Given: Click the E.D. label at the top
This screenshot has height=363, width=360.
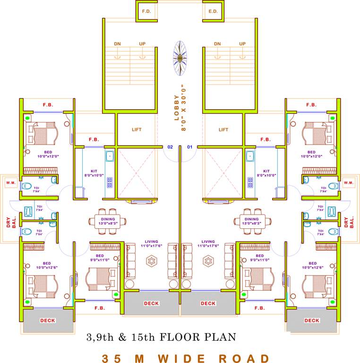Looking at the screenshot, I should click(213, 10).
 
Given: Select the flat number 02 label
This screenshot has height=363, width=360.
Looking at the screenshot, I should click(170, 147).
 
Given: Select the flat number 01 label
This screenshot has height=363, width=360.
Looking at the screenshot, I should click(190, 147).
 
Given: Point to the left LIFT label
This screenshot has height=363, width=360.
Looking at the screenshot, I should click(137, 130).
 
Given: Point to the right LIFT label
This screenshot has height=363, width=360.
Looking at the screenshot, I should click(223, 130).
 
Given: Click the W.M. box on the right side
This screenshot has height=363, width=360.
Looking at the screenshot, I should click(349, 182).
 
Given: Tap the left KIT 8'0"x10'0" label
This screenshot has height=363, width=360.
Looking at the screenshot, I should click(94, 173).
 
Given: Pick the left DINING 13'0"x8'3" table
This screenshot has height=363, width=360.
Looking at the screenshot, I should click(108, 219).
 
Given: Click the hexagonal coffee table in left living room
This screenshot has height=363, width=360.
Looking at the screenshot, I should click(152, 260).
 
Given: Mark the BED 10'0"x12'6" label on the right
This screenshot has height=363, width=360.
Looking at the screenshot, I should click(312, 266).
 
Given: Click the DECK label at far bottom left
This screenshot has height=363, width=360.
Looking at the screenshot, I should click(48, 320).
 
